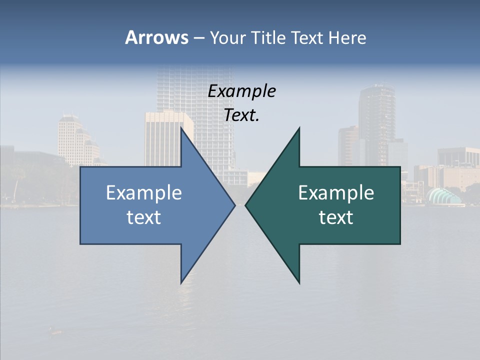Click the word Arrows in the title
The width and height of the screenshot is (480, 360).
point(156,37)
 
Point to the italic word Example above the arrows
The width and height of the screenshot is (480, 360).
point(242,91)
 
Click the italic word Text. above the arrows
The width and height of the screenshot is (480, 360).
point(242,115)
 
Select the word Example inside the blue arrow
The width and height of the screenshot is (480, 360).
point(144,192)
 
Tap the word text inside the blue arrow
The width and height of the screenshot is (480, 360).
point(144,217)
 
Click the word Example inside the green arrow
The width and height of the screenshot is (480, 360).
point(336,192)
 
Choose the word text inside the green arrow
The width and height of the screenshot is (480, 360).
point(336,217)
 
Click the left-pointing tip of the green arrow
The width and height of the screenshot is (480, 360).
point(246,205)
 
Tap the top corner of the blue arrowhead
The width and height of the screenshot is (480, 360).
point(181,128)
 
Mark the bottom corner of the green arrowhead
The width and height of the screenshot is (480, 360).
point(299,283)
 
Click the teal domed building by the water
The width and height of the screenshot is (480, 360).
point(443,196)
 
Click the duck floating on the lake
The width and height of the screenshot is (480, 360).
point(55,330)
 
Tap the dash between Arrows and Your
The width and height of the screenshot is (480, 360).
point(198,38)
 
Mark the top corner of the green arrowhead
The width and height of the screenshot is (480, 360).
point(299,128)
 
